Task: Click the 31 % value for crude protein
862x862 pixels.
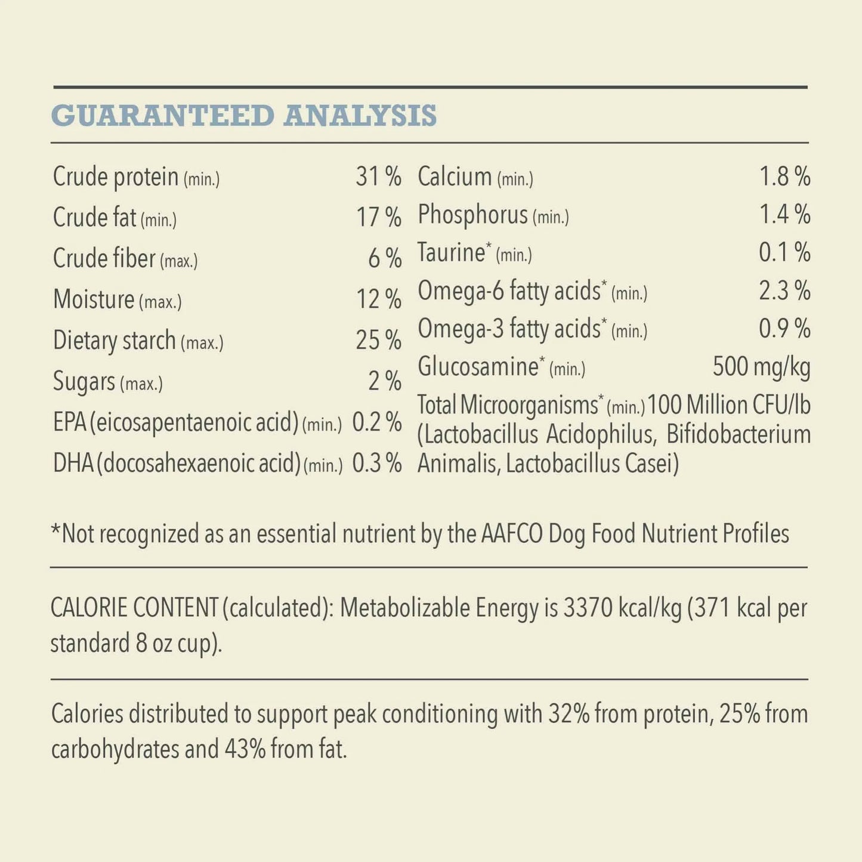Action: pos(378,177)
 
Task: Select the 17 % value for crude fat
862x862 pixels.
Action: pos(378,217)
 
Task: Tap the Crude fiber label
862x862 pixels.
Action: pos(104,259)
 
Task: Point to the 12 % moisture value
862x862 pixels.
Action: pos(378,299)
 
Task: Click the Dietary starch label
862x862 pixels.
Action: pos(114,341)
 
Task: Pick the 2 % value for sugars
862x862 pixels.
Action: pos(385,381)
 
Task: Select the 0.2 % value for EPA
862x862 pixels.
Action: pos(376,422)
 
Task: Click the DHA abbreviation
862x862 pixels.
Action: pos(73,464)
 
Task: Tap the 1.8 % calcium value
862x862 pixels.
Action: pos(784,177)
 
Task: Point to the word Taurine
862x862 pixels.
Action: pos(451,253)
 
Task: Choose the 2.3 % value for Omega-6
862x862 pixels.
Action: pos(784,291)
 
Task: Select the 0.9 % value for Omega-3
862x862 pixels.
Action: pos(784,329)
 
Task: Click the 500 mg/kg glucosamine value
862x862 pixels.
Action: pos(761,367)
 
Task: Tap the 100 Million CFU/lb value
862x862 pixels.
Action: pos(729,405)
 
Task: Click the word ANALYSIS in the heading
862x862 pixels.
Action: pos(360,116)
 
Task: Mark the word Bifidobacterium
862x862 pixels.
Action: pos(739,435)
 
